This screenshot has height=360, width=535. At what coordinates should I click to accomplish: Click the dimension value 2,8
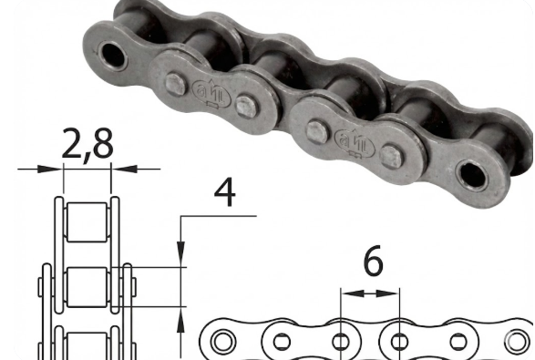point(87,145)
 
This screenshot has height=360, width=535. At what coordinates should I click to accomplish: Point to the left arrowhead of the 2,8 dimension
point(50,169)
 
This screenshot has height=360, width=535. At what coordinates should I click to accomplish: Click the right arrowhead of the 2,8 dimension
point(124,169)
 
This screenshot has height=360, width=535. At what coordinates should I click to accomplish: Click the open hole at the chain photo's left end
point(113,56)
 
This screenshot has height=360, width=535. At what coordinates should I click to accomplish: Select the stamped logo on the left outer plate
point(211,93)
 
